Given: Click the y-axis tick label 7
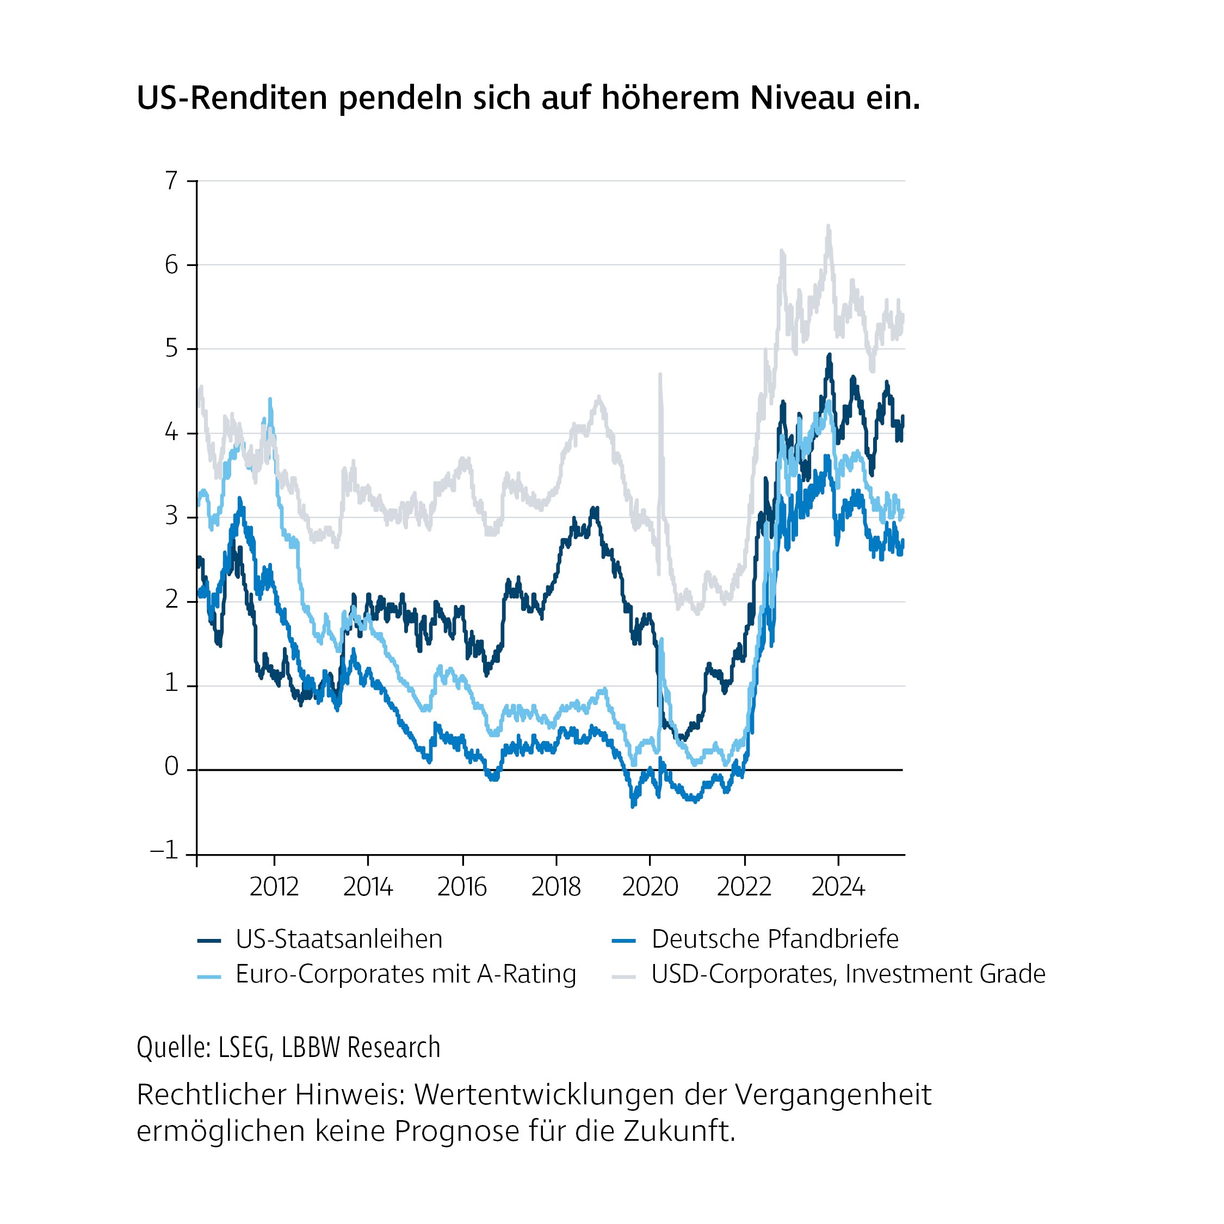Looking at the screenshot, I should (171, 181).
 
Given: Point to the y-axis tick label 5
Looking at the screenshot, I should (171, 349).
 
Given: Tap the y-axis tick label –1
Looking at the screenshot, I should (164, 851).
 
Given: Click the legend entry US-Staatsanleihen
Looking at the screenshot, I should (338, 939).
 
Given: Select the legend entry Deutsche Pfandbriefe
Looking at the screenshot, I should (774, 939).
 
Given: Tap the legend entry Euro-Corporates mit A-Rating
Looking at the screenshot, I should (405, 974).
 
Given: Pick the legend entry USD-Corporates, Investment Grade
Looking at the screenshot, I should (848, 974).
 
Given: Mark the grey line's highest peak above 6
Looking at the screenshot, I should (828, 227).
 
